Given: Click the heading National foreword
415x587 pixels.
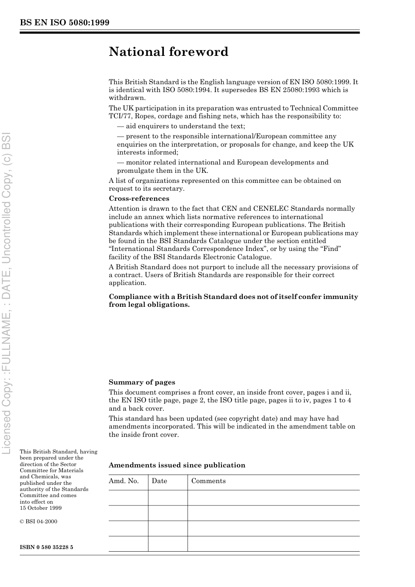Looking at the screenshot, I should coord(169,52).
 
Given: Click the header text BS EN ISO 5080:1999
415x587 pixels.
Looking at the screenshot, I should coord(65,23).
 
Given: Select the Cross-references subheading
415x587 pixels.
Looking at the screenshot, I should coord(139,199).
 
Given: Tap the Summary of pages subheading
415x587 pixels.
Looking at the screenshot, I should coord(142,382).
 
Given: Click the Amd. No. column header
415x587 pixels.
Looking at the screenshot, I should coord(124,481).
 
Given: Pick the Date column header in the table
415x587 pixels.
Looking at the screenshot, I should coord(159,481).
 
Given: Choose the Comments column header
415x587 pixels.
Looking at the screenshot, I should coord(208,481).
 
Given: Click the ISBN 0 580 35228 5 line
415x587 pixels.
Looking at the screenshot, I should coord(46,547).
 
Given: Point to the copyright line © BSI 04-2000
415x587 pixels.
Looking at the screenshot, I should coord(38,522).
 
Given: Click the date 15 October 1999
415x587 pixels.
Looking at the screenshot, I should coord(41,508).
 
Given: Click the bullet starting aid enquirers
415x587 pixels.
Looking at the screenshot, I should coord(181,126).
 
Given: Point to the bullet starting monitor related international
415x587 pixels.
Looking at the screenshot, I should coord(222,162).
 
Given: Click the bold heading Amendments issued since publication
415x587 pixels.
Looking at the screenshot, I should coord(177,465).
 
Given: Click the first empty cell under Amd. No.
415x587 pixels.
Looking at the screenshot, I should coord(128,498).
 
